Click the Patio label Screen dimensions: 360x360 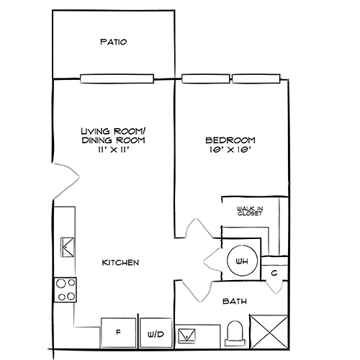(113, 42)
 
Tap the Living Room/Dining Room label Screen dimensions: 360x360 (113, 135)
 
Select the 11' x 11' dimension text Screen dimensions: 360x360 (113, 150)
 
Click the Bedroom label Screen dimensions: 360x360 (230, 140)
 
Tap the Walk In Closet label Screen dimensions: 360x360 (249, 211)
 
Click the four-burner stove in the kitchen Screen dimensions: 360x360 (66, 289)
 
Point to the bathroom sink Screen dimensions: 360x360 (187, 334)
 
